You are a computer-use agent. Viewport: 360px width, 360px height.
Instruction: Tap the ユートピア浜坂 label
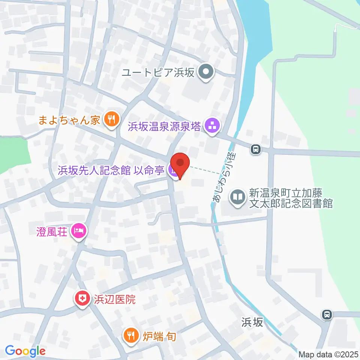158,72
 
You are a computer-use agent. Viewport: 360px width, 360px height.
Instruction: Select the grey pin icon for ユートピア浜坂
205,72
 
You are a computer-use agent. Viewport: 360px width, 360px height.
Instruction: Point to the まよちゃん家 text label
70,120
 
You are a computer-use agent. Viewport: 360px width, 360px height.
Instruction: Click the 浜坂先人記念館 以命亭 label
111,171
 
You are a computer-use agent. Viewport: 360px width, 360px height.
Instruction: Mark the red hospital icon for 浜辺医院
81,299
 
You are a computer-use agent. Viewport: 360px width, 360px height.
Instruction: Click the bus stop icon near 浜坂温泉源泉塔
256,150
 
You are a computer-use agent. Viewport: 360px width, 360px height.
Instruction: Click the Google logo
25,351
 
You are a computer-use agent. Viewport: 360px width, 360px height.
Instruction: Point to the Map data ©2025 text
328,354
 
